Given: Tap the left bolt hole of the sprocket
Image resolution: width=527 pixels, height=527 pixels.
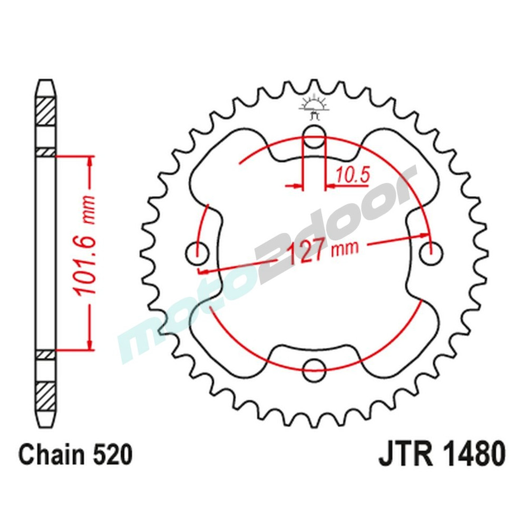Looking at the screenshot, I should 197,253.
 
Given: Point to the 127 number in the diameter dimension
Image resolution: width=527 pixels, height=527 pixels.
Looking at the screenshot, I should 307,253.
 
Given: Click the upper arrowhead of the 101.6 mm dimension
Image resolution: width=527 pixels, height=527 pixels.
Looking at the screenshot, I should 90,161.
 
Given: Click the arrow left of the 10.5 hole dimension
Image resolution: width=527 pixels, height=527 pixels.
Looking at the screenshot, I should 296,186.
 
